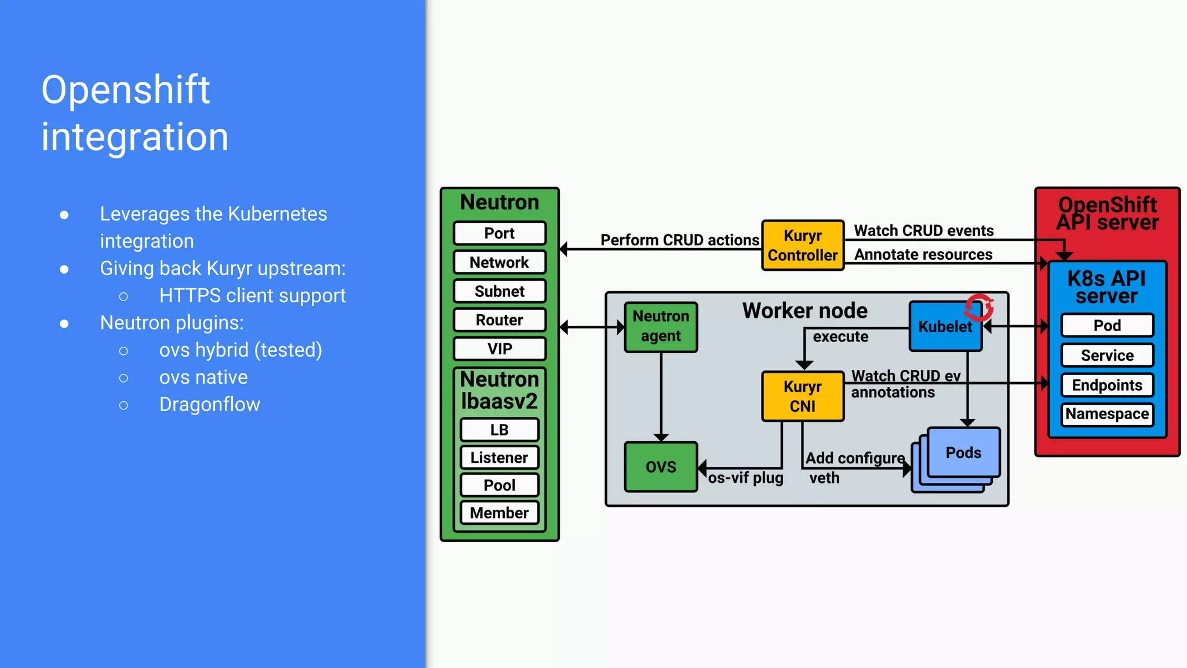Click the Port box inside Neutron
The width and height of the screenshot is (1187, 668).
coord(500,233)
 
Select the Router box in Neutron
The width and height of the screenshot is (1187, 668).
coord(500,320)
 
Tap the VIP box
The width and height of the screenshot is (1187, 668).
coord(500,349)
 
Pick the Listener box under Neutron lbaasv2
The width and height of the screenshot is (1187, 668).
coord(500,458)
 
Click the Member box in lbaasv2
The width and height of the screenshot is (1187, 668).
coord(500,513)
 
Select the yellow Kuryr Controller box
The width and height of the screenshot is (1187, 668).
coord(803,245)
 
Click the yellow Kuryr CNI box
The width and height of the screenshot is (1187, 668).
coord(803,396)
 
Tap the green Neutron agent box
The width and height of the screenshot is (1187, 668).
coord(661,326)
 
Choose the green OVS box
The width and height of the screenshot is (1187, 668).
coord(661,467)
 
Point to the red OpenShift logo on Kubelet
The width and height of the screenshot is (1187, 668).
coord(980,307)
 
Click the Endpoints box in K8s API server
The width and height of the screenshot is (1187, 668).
coord(1107,385)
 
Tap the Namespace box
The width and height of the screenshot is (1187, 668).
coord(1107,414)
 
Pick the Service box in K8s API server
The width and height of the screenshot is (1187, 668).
coord(1107,355)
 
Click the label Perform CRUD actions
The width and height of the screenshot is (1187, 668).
coord(679,240)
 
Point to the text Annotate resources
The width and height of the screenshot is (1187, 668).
coord(923,255)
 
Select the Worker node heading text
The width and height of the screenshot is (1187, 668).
coord(804,311)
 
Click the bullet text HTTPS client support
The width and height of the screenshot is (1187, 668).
coord(252,296)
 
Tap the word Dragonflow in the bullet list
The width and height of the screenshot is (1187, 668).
coord(209,404)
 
